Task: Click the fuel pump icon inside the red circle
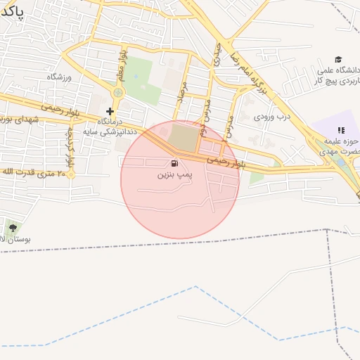[174, 163]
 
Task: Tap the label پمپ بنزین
[174, 174]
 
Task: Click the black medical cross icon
[110, 111]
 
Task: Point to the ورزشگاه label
[60, 76]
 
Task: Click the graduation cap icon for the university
[338, 60]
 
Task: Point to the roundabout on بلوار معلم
[118, 92]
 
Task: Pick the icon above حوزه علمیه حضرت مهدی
[341, 130]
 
